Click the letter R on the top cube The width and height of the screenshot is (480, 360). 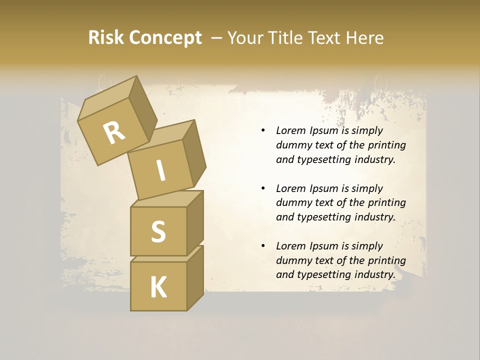[x=114, y=132]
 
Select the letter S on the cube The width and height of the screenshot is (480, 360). [x=158, y=231]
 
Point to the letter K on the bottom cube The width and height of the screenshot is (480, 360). [x=158, y=287]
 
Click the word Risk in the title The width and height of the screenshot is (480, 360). [x=105, y=37]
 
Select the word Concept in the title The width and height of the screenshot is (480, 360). [x=165, y=38]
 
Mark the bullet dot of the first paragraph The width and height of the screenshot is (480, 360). [x=263, y=131]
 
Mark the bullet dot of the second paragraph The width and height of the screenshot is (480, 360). [x=263, y=188]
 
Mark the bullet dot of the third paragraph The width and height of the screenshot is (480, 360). [x=263, y=246]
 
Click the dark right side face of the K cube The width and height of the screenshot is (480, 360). [x=195, y=277]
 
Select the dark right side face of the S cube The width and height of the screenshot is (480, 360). [x=195, y=222]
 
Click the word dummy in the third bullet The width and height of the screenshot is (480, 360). [x=293, y=260]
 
